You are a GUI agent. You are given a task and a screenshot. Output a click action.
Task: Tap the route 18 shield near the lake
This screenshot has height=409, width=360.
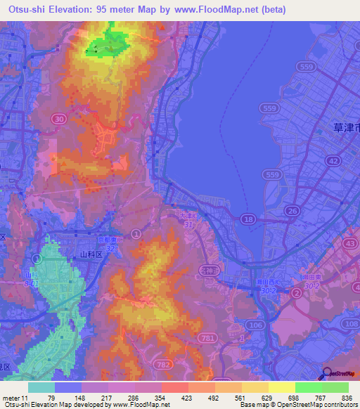tap(248, 220)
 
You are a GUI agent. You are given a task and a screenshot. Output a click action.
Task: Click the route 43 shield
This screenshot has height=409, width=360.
tap(349, 242)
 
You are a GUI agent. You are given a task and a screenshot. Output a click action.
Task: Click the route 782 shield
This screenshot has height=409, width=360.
tap(163, 364)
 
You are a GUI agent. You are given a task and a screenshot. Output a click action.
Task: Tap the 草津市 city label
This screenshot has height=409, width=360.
tap(345, 129)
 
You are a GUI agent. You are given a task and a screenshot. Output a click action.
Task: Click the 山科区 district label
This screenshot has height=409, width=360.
tap(91, 254)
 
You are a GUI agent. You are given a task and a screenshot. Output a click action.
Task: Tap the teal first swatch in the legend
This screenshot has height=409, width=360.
tap(41, 387)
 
